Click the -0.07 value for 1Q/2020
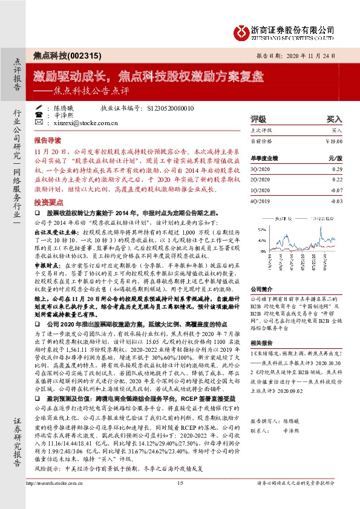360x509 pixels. point(336,189)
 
